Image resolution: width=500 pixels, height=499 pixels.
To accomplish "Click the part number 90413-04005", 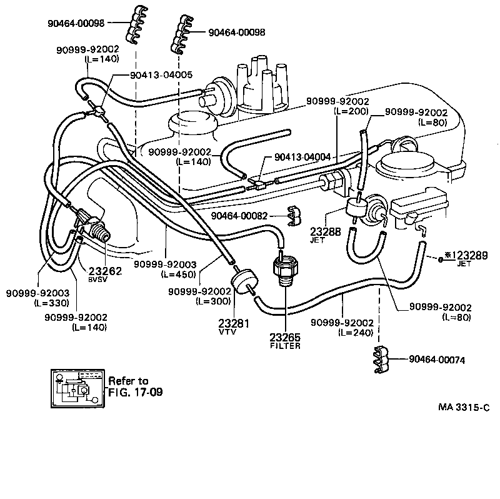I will [160, 74].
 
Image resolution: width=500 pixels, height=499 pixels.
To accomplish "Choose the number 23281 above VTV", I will [234, 323].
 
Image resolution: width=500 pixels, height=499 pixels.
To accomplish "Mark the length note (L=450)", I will [179, 274].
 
